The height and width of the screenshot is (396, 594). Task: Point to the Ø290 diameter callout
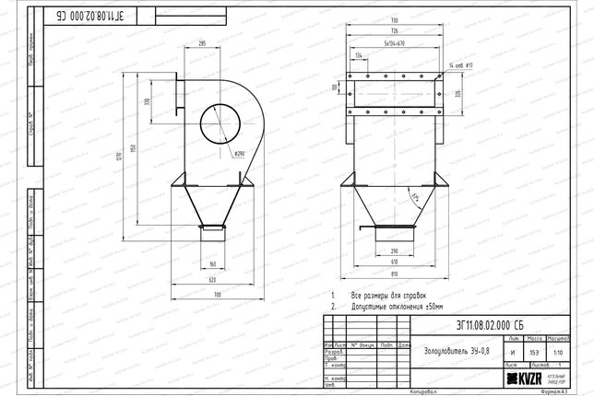[237, 153]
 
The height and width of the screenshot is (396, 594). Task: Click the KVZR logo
[521, 377]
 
